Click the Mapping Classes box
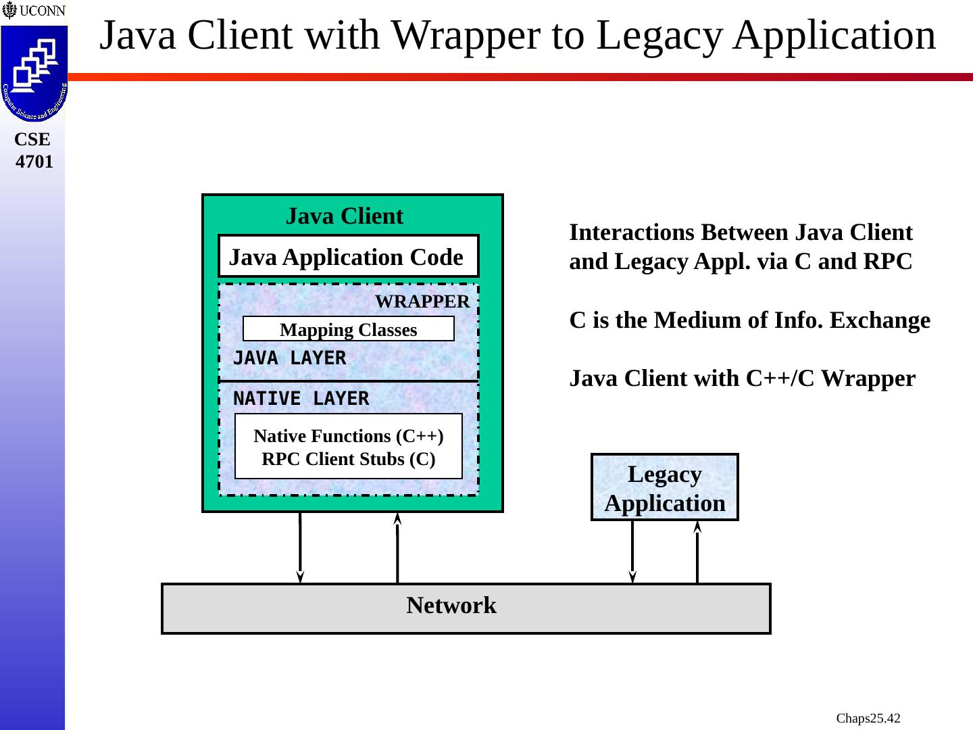348,329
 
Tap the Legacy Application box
665,488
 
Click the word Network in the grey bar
451,606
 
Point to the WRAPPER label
422,301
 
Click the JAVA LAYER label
289,358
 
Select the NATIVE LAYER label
301,399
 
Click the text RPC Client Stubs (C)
348,459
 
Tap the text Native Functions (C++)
348,436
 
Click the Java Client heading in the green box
345,216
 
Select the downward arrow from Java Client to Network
300,547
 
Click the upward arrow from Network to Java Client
397,547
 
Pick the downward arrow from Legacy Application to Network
632,552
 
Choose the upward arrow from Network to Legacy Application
697,552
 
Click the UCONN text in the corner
42,11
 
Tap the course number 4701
34,162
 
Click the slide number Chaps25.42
868,718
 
